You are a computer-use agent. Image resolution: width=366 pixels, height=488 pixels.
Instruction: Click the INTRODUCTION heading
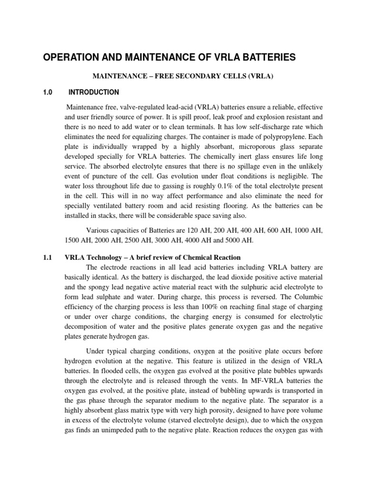pos(94,92)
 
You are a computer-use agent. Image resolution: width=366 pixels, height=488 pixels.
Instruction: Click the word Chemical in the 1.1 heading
pos(186,258)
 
